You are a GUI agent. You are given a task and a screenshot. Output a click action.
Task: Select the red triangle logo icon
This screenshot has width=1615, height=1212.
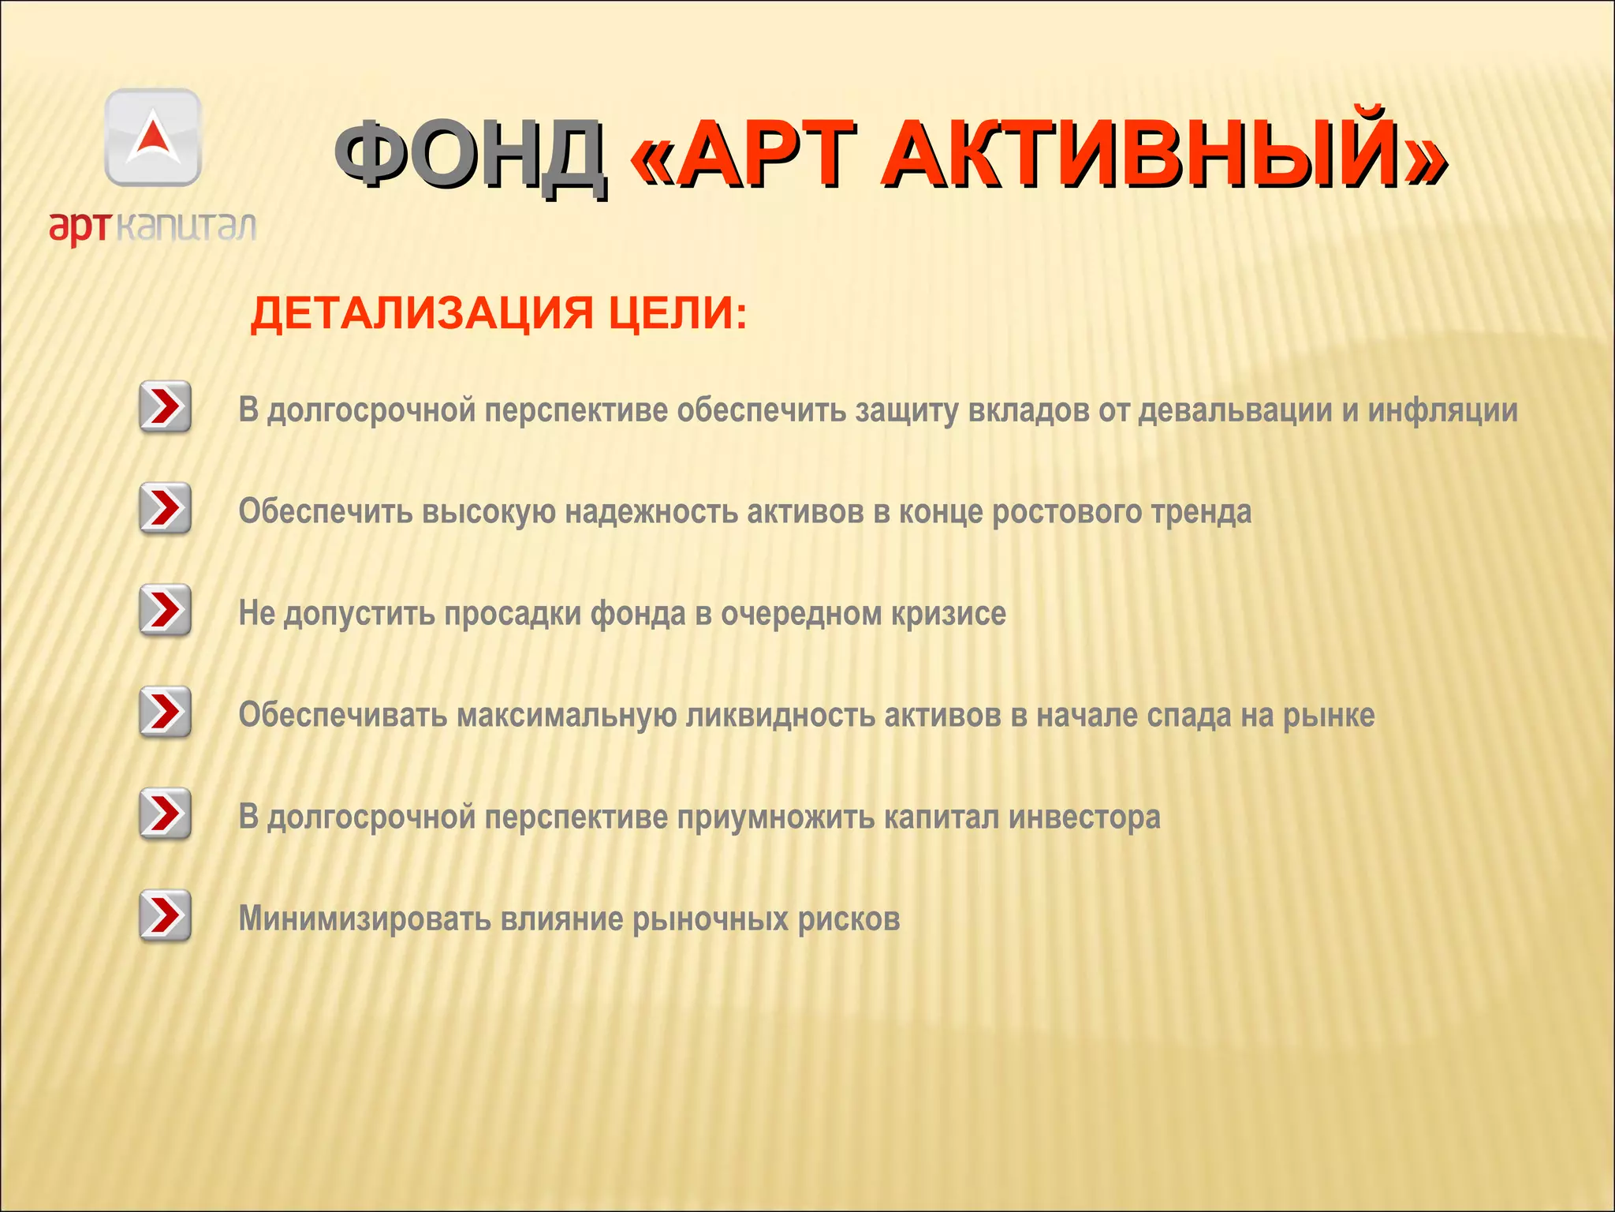[153, 136]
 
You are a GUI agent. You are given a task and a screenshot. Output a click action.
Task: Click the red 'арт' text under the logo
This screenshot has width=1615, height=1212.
[80, 228]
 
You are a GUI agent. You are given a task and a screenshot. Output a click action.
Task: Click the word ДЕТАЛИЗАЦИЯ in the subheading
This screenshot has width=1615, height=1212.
[421, 314]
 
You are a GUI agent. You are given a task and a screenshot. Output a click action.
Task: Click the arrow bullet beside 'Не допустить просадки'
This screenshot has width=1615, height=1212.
[165, 610]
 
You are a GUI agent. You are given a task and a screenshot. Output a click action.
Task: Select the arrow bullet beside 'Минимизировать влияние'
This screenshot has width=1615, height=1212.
[165, 915]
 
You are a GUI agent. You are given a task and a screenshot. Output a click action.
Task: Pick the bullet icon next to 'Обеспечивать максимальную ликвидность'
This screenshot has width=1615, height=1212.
[165, 712]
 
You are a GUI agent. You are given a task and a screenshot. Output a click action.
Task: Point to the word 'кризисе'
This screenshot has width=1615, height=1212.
[949, 615]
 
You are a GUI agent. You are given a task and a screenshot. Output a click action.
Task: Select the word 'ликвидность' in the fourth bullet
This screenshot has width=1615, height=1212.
[780, 716]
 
